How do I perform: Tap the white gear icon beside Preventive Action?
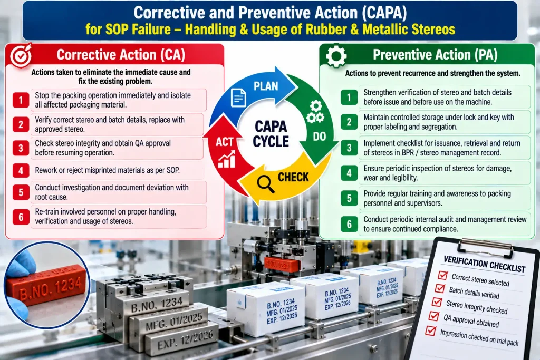pos(336,56)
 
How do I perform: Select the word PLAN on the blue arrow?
pos(266,86)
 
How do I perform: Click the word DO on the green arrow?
pos(319,137)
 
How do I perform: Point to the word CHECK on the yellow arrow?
pos(293,177)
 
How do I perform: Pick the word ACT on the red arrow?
pos(225,142)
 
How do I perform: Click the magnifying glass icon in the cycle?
pos(266,184)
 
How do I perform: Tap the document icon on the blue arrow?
pos(238,98)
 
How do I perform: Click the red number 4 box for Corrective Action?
pos(21,170)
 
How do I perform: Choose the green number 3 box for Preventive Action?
pos(349,148)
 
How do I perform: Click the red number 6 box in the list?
pos(21,217)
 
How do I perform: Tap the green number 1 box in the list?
pos(349,98)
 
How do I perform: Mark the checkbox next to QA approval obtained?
pos(433,316)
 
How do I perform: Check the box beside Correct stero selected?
pos(442,275)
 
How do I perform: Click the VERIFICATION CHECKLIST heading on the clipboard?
pos(484,264)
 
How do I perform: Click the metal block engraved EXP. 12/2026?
pos(180,338)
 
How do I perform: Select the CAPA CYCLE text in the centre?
pos(271,134)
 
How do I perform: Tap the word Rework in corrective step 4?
pos(47,170)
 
